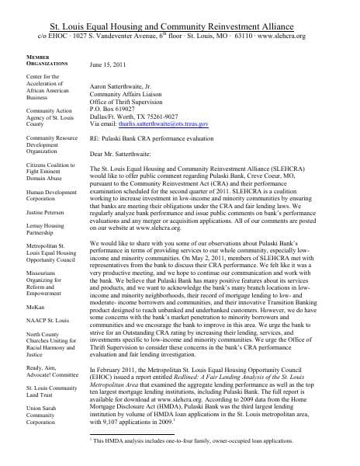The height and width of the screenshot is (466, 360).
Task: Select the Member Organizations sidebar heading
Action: [26, 61]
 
